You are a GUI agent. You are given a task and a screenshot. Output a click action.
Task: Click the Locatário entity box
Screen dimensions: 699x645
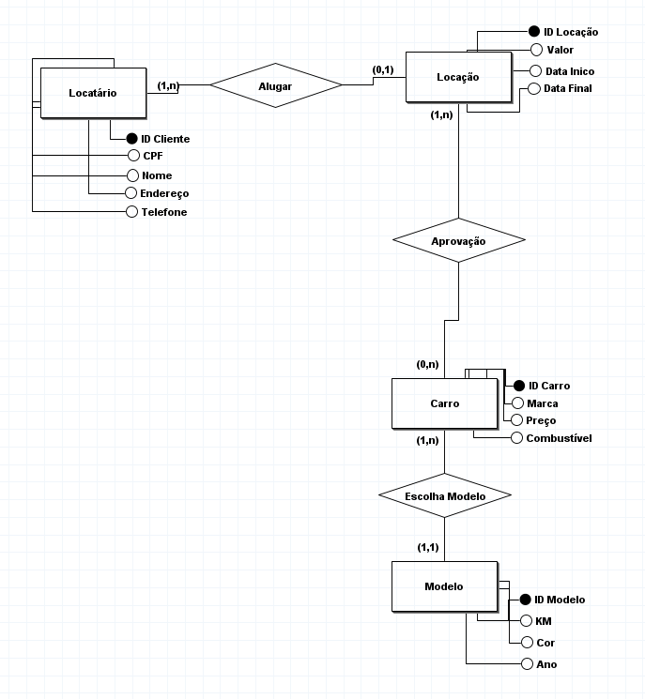click(x=92, y=92)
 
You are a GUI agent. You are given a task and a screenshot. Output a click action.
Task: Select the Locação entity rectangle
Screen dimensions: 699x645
click(x=457, y=77)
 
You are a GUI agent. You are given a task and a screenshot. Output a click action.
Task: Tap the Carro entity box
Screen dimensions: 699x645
click(x=444, y=403)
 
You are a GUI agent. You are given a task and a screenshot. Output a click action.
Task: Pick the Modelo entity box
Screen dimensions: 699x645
click(x=443, y=586)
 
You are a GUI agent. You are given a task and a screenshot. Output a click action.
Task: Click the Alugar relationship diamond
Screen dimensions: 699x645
click(x=275, y=85)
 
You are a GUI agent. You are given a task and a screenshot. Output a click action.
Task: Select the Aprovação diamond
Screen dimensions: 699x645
click(x=457, y=241)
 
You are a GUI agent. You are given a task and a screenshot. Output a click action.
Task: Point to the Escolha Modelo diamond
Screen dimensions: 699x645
click(x=444, y=494)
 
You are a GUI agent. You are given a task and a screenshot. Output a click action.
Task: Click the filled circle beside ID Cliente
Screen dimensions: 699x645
click(x=132, y=139)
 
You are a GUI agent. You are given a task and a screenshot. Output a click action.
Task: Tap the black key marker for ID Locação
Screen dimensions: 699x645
click(x=534, y=32)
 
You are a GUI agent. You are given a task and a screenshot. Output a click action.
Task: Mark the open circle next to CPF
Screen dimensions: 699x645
click(x=132, y=156)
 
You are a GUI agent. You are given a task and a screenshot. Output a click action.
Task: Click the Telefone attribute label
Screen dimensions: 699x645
click(x=164, y=212)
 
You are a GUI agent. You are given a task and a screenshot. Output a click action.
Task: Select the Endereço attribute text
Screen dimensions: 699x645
click(x=165, y=193)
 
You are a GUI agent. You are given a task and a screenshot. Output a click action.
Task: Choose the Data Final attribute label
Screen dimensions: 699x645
click(x=568, y=88)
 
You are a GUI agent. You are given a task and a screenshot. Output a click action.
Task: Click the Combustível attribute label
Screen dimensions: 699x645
click(x=559, y=438)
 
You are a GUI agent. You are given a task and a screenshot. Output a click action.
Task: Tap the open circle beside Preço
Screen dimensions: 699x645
click(x=517, y=420)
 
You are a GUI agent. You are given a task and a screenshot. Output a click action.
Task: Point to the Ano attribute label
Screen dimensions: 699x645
click(x=545, y=664)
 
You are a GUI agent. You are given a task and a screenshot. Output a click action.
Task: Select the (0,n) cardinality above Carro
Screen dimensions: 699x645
click(x=428, y=364)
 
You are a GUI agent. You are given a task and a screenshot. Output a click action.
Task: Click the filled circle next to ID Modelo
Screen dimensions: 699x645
click(x=525, y=600)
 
